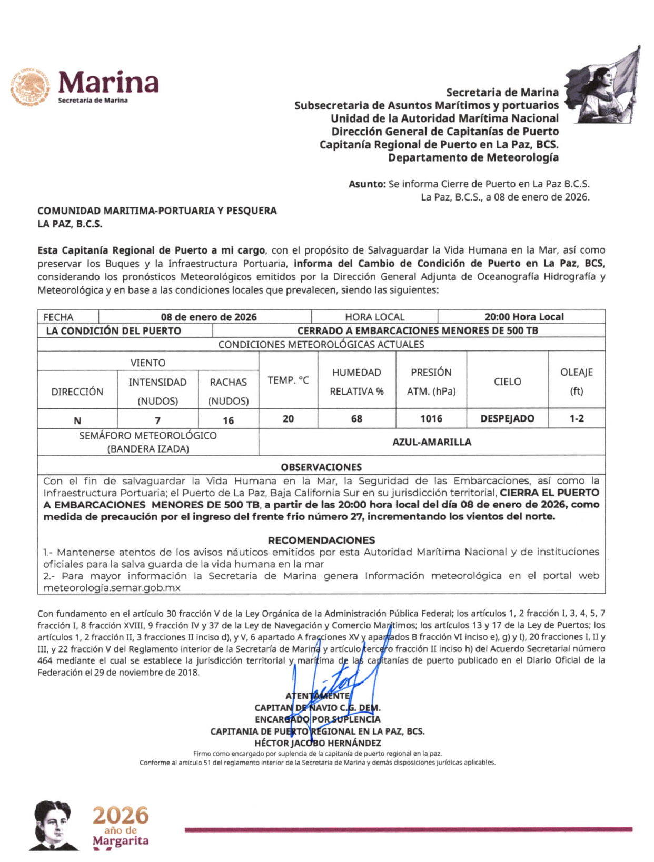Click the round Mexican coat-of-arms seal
[x=30, y=87]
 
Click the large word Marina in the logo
[x=108, y=83]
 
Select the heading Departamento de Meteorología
[x=473, y=157]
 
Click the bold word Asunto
[x=367, y=184]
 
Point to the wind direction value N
[x=77, y=420]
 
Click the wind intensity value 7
[x=157, y=420]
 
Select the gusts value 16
[x=228, y=420]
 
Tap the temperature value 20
[x=288, y=419]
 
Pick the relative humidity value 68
[x=356, y=419]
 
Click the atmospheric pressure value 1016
[x=431, y=419]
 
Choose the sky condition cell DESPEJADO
[x=507, y=419]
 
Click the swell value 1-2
[x=577, y=419]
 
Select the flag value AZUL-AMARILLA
[x=431, y=442]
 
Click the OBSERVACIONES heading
[x=321, y=467]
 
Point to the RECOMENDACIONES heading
[x=321, y=540]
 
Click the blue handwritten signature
[x=337, y=679]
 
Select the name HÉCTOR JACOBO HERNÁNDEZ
[x=318, y=743]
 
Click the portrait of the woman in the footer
[x=53, y=825]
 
